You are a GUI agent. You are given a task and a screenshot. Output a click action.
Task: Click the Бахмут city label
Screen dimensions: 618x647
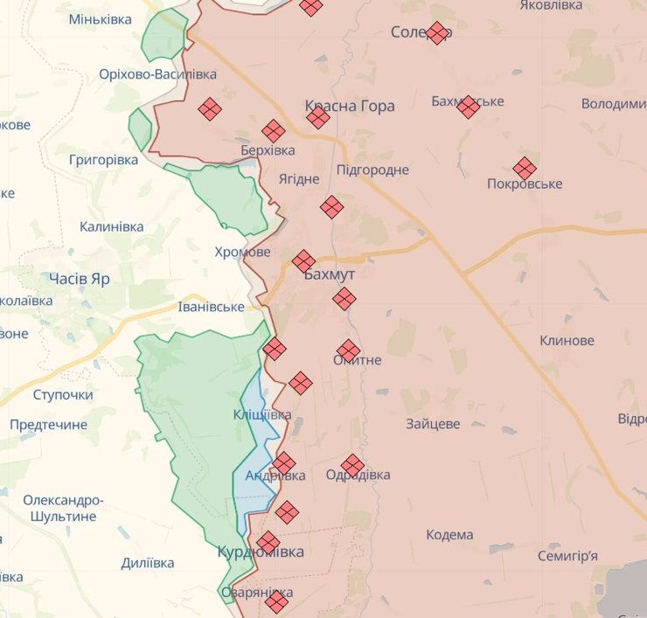tap(330, 274)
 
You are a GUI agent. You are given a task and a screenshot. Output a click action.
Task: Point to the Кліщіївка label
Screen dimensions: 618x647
tap(262, 414)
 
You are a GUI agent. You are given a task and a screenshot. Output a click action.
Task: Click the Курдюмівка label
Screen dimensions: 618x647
tap(261, 552)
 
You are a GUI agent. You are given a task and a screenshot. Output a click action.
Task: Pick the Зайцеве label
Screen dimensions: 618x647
tap(433, 424)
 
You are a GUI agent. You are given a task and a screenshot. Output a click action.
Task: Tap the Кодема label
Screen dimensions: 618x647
tap(449, 535)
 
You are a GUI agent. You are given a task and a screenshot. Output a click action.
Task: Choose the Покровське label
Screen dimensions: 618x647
tap(525, 184)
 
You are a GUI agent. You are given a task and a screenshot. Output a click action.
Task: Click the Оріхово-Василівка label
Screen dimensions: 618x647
tap(158, 74)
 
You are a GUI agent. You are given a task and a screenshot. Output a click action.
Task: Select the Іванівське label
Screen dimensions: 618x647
tap(211, 307)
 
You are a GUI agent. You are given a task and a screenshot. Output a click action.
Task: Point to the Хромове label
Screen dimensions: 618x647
tap(242, 252)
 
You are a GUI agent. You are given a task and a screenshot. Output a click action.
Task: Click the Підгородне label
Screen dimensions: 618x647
tap(372, 170)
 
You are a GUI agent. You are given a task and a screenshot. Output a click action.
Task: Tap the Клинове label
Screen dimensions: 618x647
tap(567, 341)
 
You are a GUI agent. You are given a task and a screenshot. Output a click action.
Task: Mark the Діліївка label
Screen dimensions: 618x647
tap(148, 563)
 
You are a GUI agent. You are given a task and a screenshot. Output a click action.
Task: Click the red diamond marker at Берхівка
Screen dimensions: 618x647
tap(274, 131)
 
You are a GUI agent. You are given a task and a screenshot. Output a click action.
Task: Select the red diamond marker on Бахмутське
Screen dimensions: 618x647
tap(469, 107)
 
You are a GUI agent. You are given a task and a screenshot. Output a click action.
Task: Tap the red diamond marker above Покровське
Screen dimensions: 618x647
tap(525, 168)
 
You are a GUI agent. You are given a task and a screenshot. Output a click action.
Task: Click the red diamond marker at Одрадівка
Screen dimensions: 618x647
tap(352, 465)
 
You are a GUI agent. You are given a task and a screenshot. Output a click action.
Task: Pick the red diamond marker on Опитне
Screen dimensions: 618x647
tap(348, 351)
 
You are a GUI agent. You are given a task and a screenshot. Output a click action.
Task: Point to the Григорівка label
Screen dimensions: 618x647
tap(104, 161)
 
